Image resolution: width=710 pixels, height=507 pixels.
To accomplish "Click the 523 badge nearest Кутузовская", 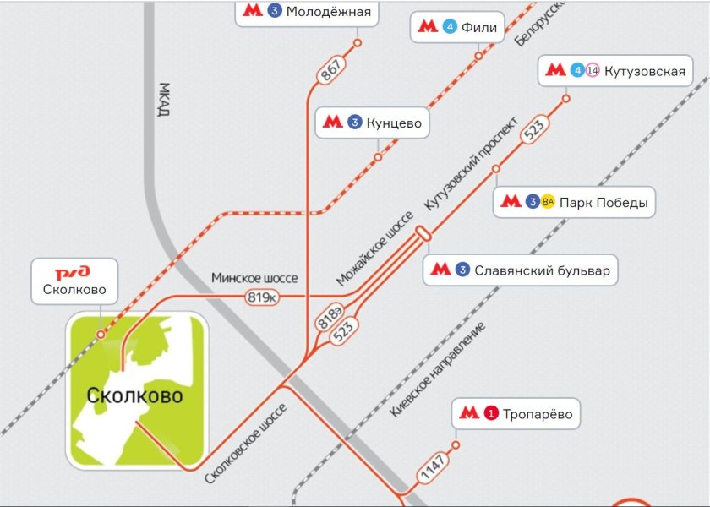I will (534, 130).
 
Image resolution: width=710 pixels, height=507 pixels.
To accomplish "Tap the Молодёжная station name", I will (328, 12).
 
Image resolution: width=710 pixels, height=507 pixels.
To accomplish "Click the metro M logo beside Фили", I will (428, 26).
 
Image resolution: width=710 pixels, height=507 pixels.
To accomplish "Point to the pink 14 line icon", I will (592, 71).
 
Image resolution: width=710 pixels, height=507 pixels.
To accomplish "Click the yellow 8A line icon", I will (548, 202).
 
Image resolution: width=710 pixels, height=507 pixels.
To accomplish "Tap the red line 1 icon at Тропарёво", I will (491, 414).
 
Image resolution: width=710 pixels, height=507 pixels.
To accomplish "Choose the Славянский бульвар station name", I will (542, 270).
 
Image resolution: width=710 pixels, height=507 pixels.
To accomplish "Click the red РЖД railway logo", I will (74, 273).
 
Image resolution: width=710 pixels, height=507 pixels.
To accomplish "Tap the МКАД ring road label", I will (165, 101).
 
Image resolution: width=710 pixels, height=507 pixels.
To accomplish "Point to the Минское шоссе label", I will (254, 279).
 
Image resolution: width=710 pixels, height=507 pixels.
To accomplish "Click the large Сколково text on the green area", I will (134, 395).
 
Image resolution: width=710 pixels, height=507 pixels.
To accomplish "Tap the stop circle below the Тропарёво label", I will (456, 445).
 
